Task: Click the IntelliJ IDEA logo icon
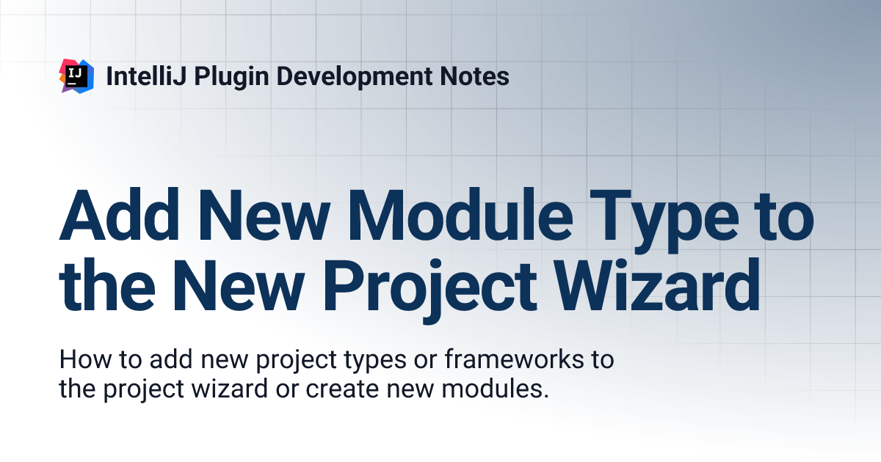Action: (76, 76)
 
